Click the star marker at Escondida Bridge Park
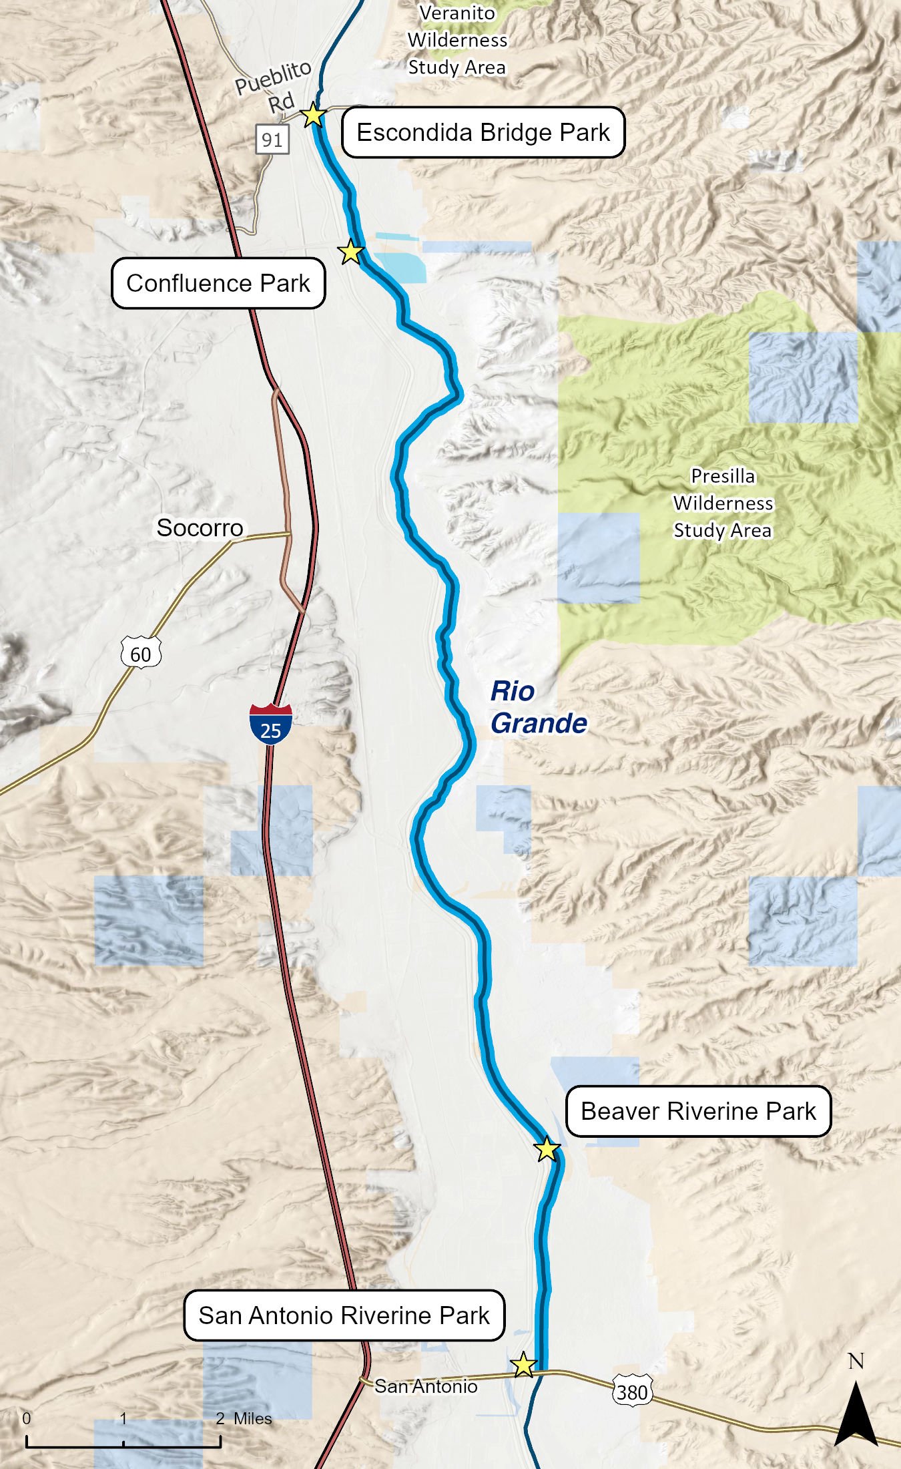[313, 116]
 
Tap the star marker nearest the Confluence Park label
[350, 252]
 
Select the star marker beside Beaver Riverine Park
[547, 1149]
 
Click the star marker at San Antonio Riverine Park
[523, 1365]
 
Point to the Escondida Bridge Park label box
[483, 132]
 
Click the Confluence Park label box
[218, 283]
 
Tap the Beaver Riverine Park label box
[698, 1111]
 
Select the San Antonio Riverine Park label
[344, 1315]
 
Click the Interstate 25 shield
[270, 723]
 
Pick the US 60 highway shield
[141, 653]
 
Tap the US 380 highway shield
[631, 1392]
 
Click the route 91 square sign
[272, 140]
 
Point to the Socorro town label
[200, 528]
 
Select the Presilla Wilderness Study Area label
[723, 503]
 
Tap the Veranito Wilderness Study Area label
[457, 40]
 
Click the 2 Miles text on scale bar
[244, 1418]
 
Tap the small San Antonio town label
[426, 1386]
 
